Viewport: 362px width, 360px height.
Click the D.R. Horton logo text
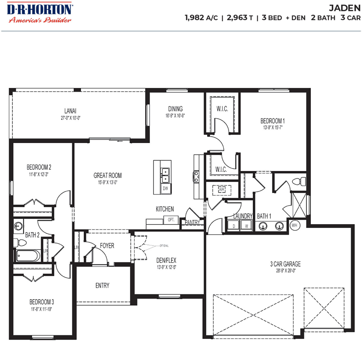40,9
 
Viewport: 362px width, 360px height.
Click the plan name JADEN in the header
344,8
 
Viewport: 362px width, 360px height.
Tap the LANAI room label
70,111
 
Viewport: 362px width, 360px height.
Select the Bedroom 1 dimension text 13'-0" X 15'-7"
273,127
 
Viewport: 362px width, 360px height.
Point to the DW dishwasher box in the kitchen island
165,188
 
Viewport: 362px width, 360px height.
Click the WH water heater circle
294,225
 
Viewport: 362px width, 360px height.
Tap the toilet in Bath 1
299,181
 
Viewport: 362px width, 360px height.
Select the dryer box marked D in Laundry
234,226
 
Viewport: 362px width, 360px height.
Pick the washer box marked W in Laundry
246,226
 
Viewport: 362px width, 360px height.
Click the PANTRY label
192,222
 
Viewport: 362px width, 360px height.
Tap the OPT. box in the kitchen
171,220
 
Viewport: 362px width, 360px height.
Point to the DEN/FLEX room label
166,260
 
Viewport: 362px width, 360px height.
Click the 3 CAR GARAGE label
285,264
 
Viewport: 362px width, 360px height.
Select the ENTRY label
102,286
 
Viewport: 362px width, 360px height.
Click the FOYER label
107,246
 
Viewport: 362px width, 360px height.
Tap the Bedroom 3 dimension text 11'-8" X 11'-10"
41,309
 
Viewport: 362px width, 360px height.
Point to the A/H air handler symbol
222,190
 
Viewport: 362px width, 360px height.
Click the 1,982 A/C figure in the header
201,18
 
